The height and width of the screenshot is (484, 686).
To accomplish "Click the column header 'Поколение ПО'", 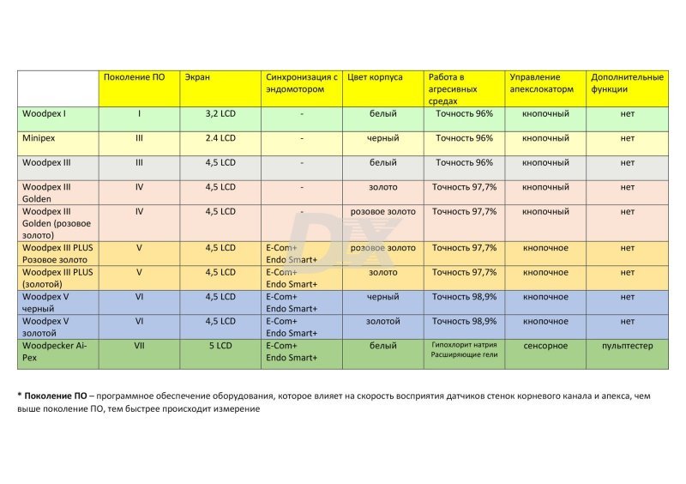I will point(134,77).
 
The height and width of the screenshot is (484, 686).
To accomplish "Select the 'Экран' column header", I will point(197,77).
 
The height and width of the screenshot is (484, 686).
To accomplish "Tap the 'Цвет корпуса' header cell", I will point(375,77).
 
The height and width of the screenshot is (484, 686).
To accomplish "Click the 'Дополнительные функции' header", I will point(627,82).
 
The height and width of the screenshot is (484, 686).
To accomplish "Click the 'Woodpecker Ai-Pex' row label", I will point(53,352).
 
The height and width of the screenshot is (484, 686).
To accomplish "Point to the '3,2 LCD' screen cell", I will point(220,113).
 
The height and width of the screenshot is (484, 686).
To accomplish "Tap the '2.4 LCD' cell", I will point(220,138).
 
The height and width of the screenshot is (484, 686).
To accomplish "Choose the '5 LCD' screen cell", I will point(220,346).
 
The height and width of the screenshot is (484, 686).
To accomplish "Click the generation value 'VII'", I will point(139,346).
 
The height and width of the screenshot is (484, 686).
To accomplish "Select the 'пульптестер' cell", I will point(627,346).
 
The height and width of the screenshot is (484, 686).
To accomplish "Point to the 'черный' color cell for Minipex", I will point(382,138).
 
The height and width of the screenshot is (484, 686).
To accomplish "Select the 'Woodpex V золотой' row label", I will point(45,327).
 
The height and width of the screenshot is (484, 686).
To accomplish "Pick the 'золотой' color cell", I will point(382,322).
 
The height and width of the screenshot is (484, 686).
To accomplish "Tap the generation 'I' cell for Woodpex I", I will point(139,113).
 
